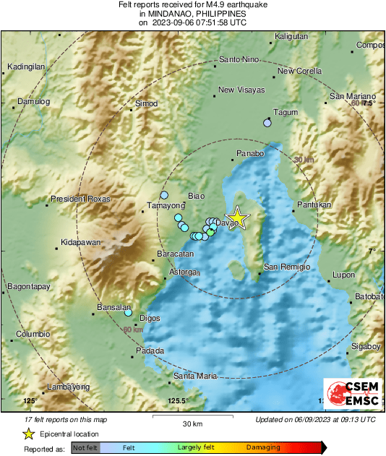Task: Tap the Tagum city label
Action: pyautogui.click(x=285, y=112)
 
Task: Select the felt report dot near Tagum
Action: pyautogui.click(x=267, y=124)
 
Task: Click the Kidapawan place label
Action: pyautogui.click(x=80, y=242)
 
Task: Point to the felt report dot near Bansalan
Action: pyautogui.click(x=128, y=313)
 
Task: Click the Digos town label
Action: pyautogui.click(x=150, y=317)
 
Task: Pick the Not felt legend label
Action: pyautogui.click(x=85, y=448)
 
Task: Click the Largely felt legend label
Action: pyautogui.click(x=194, y=448)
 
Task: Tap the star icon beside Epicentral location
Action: pyautogui.click(x=27, y=434)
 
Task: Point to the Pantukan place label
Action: pyautogui.click(x=314, y=205)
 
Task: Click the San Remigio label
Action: pyautogui.click(x=286, y=267)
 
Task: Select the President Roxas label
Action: pyautogui.click(x=80, y=199)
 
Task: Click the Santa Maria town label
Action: pyautogui.click(x=195, y=376)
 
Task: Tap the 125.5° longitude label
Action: pyautogui.click(x=177, y=400)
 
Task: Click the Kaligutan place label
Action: pyautogui.click(x=292, y=36)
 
